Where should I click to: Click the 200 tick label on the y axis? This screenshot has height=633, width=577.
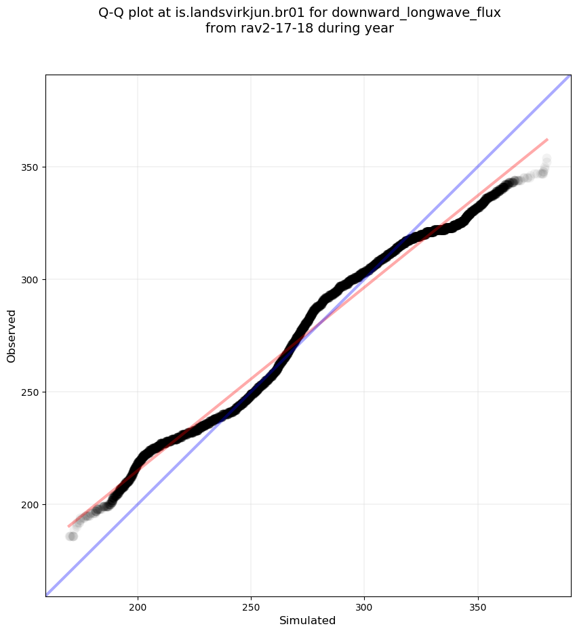click(x=31, y=505)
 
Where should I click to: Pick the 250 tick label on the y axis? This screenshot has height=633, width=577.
click(x=31, y=392)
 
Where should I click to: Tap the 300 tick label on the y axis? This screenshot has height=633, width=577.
click(x=31, y=280)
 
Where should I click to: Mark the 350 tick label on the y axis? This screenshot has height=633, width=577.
click(x=31, y=167)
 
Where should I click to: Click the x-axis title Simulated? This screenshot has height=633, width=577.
click(x=308, y=620)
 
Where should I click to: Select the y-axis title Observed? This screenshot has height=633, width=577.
click(x=12, y=335)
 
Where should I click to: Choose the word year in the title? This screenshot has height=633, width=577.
click(x=380, y=28)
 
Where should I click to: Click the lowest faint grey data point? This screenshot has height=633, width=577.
click(x=71, y=536)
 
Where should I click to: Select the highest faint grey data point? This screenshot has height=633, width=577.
click(x=546, y=159)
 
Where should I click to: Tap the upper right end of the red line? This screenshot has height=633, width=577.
click(x=547, y=139)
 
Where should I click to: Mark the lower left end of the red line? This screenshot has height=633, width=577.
click(x=68, y=526)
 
